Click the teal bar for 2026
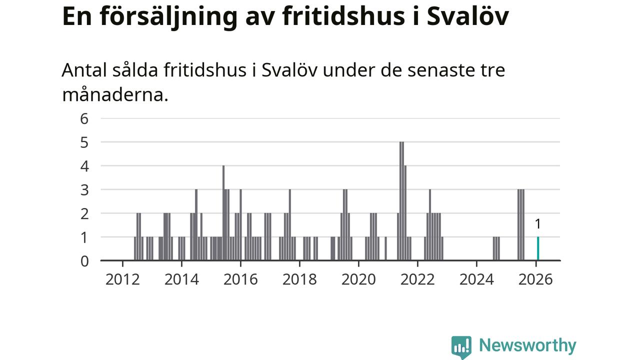538,248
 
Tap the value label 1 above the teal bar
538,224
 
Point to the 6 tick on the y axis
84,118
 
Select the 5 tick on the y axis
84,142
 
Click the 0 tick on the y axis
84,260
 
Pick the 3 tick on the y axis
84,190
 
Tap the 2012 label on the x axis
122,279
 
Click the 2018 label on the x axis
299,279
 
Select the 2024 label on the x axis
476,279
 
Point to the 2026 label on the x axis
535,279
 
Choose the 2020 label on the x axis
358,279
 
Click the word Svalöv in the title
468,16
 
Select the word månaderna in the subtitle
115,94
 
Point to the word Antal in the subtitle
83,70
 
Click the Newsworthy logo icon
461,346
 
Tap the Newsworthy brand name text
527,345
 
